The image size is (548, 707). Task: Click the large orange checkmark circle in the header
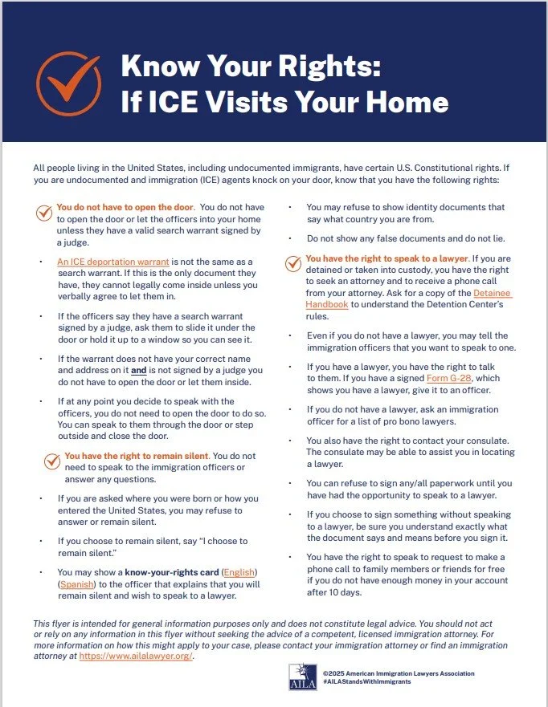tap(68, 83)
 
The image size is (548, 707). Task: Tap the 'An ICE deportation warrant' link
tap(112, 262)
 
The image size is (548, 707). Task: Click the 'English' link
tap(239, 571)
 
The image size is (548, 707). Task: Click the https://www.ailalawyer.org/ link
tap(137, 656)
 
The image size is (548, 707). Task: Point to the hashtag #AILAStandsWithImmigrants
tap(368, 681)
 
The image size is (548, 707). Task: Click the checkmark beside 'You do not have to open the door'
tap(45, 213)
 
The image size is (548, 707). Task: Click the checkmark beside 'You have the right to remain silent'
tap(52, 461)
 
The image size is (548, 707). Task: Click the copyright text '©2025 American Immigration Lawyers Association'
tap(399, 672)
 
